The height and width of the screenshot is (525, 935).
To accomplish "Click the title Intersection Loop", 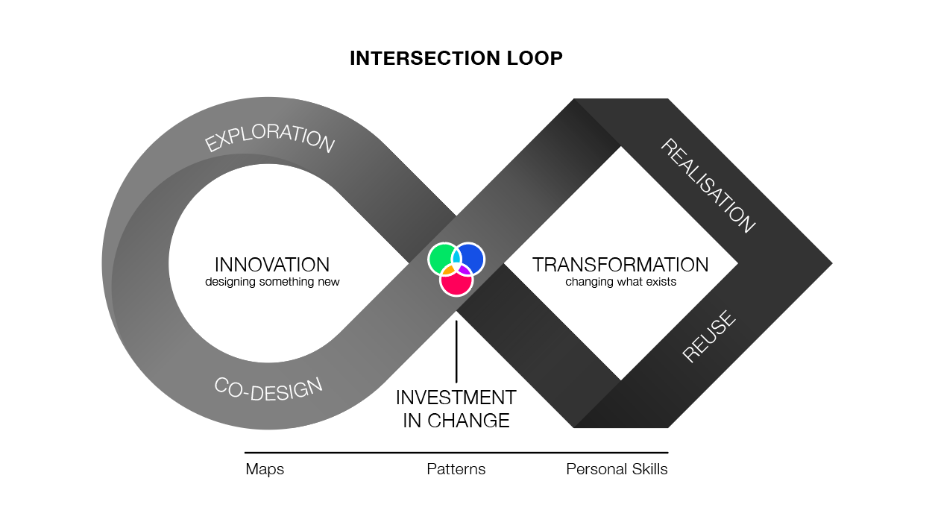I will coord(456,58).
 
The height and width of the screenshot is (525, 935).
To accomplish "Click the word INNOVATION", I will coord(272,265).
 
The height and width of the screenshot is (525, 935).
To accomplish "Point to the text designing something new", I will coord(272,283).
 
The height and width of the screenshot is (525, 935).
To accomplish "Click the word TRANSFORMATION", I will coord(620,265).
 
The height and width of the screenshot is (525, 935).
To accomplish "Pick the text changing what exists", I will coord(620,283).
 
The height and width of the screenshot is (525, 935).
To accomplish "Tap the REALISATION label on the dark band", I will coord(708,186).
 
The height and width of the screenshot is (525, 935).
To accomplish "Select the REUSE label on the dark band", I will coord(709,337).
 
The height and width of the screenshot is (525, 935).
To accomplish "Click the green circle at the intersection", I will coord(441,258).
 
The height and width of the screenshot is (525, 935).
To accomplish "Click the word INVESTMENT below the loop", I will coord(456,397).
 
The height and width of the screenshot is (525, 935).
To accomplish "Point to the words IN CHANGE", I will coord(456,421).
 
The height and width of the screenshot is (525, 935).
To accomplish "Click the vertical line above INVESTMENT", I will coord(456,350).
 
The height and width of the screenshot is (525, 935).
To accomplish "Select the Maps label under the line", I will coord(265,470).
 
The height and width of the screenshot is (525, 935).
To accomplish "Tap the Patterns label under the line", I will coord(456,470).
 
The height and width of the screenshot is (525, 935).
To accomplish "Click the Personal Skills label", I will coord(617,470).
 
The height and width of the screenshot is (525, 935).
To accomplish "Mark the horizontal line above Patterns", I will coord(456,453).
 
